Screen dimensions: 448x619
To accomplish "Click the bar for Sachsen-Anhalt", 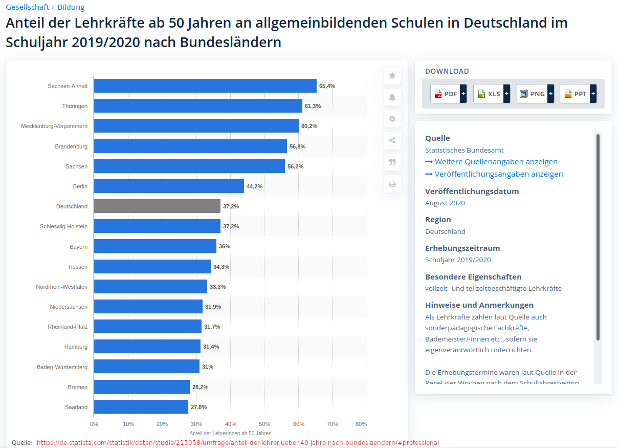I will point(205,86).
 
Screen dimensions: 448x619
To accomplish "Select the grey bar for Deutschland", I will point(157,206).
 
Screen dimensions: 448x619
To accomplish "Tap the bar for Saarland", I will point(141,407).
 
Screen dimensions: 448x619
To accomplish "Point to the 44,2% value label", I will point(254,186).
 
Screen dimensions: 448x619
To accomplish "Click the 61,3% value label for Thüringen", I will point(313,106).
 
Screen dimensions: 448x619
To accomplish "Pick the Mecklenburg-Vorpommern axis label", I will point(54,126).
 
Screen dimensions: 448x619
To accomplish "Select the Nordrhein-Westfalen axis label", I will point(61,287).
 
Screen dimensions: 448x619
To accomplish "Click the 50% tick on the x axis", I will point(264,424).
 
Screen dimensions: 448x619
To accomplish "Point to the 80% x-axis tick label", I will point(361,424).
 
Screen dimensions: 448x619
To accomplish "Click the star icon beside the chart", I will point(392,76).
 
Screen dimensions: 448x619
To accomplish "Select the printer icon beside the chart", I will point(392,184).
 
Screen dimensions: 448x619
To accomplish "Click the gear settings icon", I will point(392,119).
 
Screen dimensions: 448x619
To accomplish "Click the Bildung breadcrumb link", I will point(71,7).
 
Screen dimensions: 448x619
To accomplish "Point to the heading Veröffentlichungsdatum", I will point(472,191).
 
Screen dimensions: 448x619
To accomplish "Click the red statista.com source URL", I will point(238,442).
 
